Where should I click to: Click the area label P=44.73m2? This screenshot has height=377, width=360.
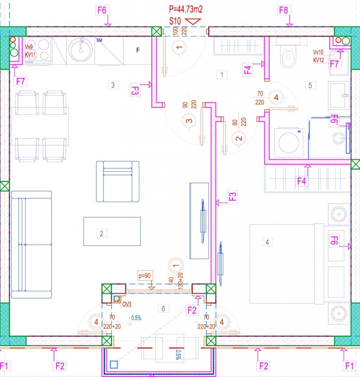pos(185,9)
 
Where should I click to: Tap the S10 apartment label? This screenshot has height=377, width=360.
pos(175,21)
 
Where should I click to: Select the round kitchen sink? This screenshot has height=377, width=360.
pos(80,50)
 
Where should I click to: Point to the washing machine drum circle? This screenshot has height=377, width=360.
pos(289,142)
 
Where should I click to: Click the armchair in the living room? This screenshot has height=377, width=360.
pos(118,182)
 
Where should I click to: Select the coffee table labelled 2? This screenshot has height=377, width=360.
pos(112,231)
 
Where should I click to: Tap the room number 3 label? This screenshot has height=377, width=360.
pos(113,85)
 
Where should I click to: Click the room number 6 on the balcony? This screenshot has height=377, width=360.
pos(163,308)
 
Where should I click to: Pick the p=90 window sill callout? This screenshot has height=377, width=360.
pos(145,276)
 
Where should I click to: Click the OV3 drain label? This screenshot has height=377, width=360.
pos(127,304)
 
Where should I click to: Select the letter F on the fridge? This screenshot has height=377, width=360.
pos(138,50)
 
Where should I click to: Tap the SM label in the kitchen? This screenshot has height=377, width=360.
pos(99,40)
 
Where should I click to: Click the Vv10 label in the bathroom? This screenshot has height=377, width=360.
pos(318,52)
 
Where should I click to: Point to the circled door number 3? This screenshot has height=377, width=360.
pos(189,121)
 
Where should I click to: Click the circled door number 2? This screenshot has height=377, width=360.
pos(239,138)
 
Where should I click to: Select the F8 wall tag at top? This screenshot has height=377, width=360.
pos(283,10)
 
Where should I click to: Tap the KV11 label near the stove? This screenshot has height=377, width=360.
pos(30,55)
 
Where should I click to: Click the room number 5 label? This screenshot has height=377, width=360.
pos(310,85)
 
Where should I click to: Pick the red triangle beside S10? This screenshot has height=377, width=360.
pos(193,21)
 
